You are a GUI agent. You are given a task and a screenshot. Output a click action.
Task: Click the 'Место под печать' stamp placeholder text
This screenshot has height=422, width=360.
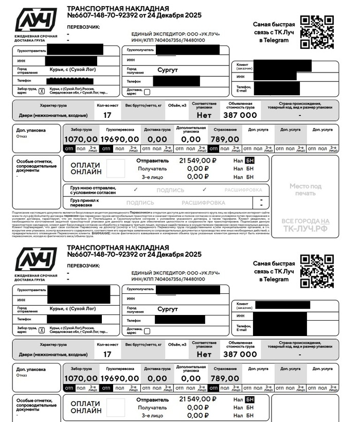click(x=305, y=189)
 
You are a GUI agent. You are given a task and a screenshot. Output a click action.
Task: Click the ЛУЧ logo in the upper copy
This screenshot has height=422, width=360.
click(x=36, y=21)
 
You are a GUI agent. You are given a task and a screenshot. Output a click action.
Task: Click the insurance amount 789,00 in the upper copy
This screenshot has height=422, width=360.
click(x=225, y=139)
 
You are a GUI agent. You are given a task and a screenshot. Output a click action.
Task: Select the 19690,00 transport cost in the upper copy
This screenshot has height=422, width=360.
click(x=119, y=139)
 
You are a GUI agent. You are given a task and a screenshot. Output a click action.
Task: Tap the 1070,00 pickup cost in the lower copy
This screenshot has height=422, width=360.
click(x=81, y=378)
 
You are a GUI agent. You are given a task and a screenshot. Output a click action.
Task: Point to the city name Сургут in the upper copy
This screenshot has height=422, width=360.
click(x=168, y=69)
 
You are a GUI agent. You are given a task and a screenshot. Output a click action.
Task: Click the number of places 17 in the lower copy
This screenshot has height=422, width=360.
click(x=107, y=354)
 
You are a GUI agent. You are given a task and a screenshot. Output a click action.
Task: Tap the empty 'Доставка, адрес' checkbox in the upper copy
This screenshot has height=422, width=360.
click(x=147, y=92)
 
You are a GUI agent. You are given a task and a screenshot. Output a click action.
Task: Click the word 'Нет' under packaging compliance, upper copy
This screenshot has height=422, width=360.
click(x=204, y=115)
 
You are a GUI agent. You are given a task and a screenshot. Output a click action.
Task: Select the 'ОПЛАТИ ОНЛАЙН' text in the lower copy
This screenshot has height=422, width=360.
click(x=85, y=407)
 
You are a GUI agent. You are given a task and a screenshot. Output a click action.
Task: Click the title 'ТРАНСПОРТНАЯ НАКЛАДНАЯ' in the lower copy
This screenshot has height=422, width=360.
click(x=118, y=248)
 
